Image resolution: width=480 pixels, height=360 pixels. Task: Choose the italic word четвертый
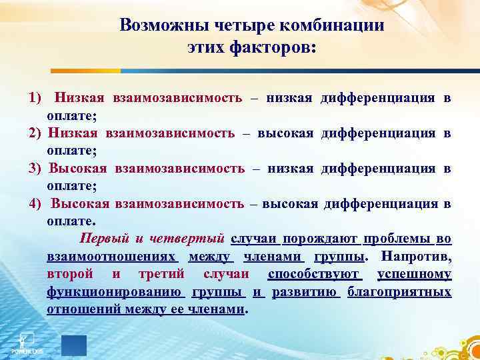[194, 238]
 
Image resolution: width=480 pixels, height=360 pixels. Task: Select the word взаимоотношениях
[111, 256]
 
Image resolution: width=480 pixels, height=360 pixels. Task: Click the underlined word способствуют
[314, 274]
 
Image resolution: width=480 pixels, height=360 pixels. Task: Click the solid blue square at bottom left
[74, 345]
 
